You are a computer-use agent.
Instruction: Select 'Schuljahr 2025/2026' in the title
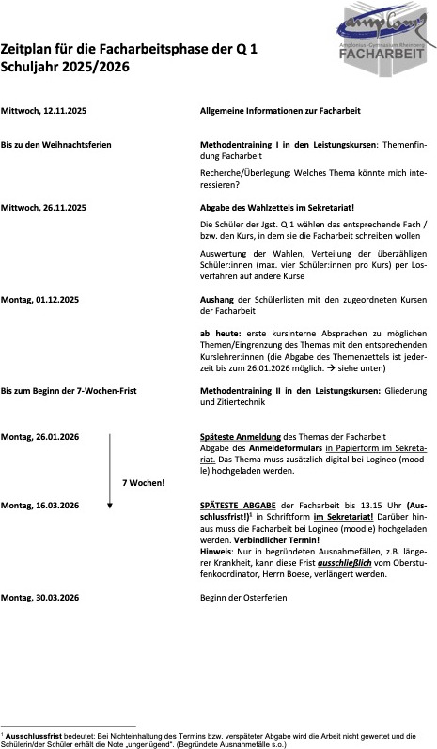(x=65, y=68)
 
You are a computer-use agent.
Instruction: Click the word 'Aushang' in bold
(x=217, y=299)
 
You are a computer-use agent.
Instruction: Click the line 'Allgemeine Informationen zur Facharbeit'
(x=280, y=111)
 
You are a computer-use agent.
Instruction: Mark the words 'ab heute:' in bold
(x=218, y=334)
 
